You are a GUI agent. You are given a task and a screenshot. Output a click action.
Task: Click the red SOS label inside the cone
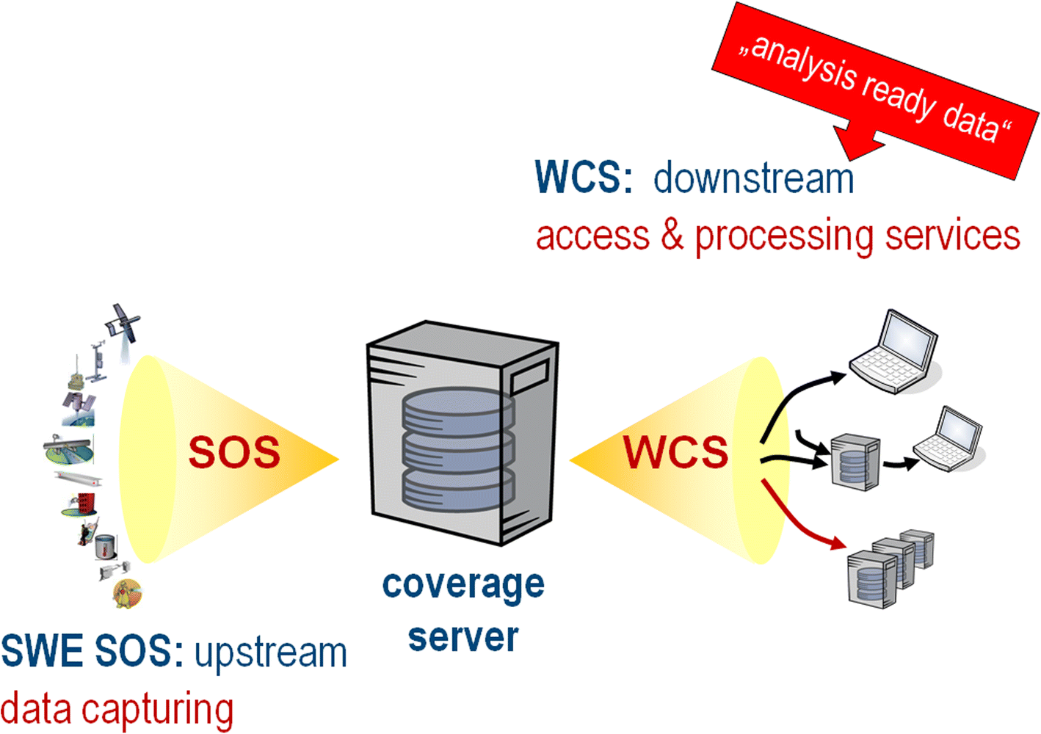pos(234,452)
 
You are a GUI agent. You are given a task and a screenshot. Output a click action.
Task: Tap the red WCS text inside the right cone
pos(675,452)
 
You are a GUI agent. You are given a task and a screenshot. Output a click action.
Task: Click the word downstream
pos(753,178)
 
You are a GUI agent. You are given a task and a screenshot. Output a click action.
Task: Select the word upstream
pos(270,653)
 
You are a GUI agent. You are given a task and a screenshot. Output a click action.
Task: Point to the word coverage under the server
pos(463,585)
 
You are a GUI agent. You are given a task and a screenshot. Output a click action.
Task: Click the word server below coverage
pos(463,637)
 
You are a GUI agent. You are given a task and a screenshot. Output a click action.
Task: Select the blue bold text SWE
pos(43,652)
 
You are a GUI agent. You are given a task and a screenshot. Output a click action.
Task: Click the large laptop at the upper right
pos(894,351)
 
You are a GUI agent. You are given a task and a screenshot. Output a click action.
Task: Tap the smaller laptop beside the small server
pos(948,440)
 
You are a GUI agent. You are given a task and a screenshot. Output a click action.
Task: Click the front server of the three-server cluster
pos(871,578)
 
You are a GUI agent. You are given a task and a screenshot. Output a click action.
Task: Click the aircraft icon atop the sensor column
pos(123,323)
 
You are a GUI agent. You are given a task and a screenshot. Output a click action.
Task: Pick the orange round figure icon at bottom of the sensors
pos(127,593)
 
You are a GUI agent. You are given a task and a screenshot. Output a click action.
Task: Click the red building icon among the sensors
pos(87,504)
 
